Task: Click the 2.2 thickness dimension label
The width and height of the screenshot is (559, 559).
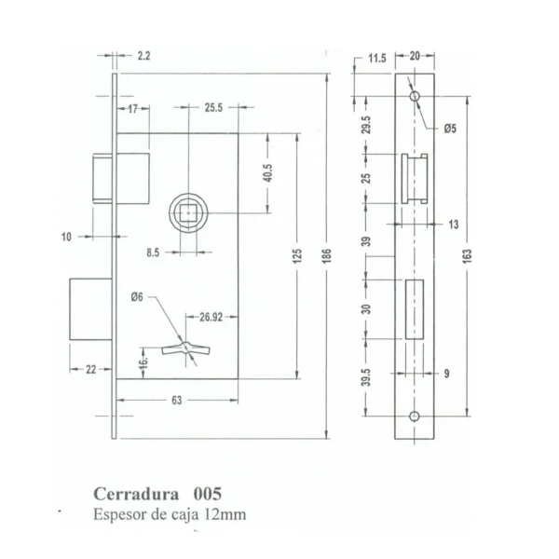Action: [144, 56]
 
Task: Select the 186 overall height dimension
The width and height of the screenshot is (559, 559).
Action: [327, 255]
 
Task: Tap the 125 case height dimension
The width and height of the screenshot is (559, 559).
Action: [297, 256]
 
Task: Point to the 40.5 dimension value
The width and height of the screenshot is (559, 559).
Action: [267, 173]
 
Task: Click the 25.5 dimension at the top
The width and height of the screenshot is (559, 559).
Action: [213, 108]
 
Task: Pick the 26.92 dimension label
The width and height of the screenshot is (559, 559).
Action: [211, 317]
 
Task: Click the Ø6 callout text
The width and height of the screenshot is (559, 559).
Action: [137, 296]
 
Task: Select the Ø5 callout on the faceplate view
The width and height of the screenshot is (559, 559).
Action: [450, 129]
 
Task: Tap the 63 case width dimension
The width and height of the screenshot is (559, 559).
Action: [177, 401]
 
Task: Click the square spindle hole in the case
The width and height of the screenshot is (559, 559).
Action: [188, 212]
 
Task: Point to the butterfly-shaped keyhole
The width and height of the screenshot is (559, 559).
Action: [185, 348]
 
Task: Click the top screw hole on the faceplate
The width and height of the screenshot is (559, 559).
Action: [415, 96]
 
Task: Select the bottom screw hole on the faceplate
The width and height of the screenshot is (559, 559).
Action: [415, 416]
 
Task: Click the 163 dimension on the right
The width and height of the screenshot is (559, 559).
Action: [467, 255]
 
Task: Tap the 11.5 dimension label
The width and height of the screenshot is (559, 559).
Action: [377, 58]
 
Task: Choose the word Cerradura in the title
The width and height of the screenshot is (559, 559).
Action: [136, 494]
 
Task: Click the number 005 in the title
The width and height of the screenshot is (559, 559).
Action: [208, 494]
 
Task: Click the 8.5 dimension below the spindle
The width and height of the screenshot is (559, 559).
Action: [153, 252]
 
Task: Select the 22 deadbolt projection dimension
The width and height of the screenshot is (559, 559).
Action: [91, 369]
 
